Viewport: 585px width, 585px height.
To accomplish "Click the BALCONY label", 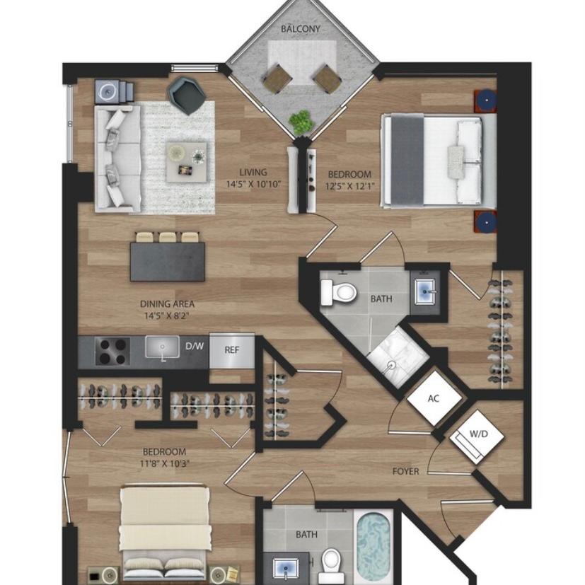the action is click(x=301, y=29).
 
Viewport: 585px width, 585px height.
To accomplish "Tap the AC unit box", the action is click(x=434, y=398).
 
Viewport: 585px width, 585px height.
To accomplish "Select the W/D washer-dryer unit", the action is click(x=477, y=436).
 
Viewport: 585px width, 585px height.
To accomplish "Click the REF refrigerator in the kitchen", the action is click(x=232, y=351).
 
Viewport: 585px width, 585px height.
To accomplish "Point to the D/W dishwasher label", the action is click(x=195, y=346).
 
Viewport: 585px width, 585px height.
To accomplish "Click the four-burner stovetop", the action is click(x=112, y=351).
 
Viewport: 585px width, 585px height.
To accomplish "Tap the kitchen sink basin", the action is click(x=162, y=347).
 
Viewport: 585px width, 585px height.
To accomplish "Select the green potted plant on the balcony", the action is click(x=301, y=122).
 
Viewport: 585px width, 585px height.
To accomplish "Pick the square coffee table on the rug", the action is click(x=186, y=161).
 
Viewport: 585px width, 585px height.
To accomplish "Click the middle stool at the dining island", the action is click(x=167, y=237).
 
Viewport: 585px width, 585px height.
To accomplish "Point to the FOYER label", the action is click(x=405, y=472).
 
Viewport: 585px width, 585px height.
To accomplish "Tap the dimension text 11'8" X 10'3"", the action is click(x=165, y=464).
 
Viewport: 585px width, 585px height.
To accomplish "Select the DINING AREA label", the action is click(x=167, y=304).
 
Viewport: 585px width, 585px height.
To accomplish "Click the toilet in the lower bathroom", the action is click(x=330, y=560).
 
